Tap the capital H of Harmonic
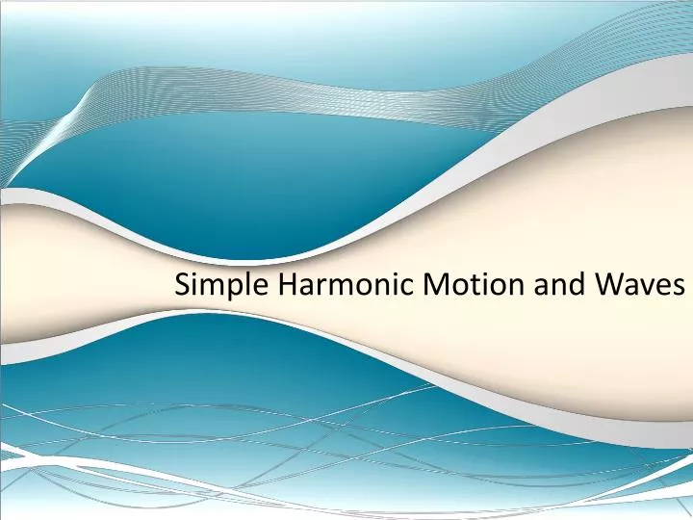point(284,284)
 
